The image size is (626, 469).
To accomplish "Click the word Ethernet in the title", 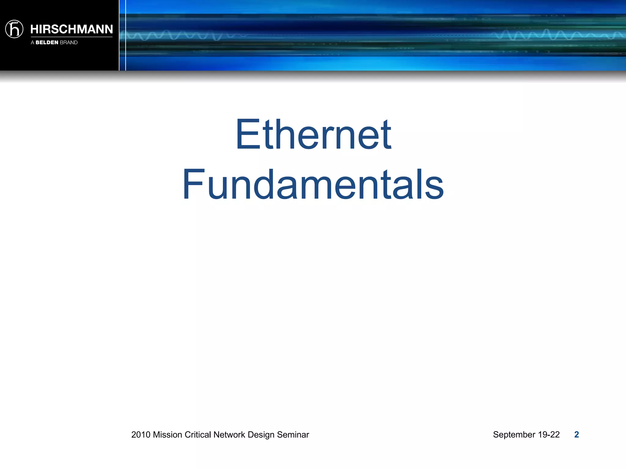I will tap(313, 135).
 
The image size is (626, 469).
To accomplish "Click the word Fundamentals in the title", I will tap(313, 185).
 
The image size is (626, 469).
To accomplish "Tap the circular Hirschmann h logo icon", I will tap(14, 29).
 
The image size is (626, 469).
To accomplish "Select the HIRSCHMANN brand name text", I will tap(72, 29).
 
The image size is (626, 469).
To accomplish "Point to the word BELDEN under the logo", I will tap(47, 42).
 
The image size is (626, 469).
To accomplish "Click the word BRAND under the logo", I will tap(69, 42).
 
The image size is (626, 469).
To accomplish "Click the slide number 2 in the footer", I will tap(576, 434).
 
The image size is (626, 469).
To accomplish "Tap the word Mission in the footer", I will tap(168, 434).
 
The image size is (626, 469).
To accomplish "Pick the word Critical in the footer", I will tap(198, 434).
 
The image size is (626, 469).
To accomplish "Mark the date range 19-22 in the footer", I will tap(549, 434).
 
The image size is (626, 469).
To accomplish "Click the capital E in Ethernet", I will tap(248, 135).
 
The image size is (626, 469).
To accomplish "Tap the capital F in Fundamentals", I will tap(193, 184).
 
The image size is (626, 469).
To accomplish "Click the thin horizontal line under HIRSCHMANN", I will tap(72, 37).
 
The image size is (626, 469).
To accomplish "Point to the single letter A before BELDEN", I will tap(32, 42).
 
